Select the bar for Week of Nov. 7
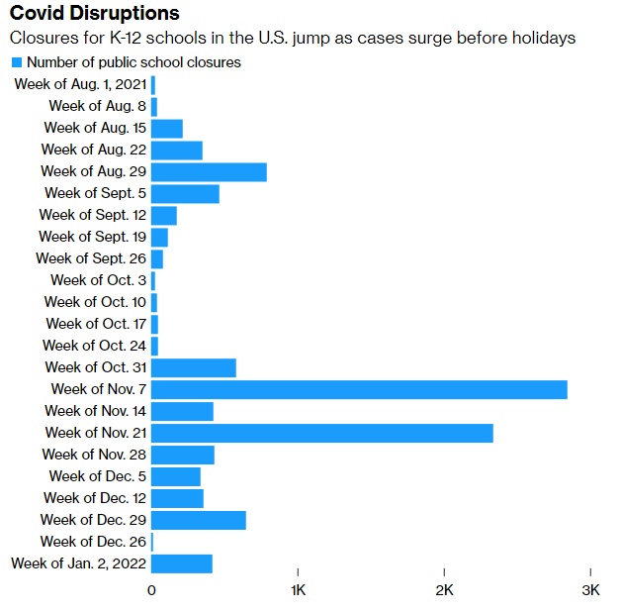(x=359, y=389)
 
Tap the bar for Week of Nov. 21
(x=321, y=433)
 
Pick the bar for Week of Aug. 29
(x=209, y=171)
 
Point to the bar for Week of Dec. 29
(x=198, y=520)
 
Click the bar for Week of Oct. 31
(x=193, y=367)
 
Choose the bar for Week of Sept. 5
(x=185, y=193)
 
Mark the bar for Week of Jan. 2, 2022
(x=181, y=563)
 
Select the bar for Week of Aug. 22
(x=176, y=150)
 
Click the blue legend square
(x=16, y=62)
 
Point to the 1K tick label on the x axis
(x=298, y=590)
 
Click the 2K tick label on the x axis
(x=444, y=590)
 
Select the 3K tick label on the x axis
(x=590, y=590)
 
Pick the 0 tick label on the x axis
(x=151, y=590)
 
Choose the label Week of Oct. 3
(x=97, y=280)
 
